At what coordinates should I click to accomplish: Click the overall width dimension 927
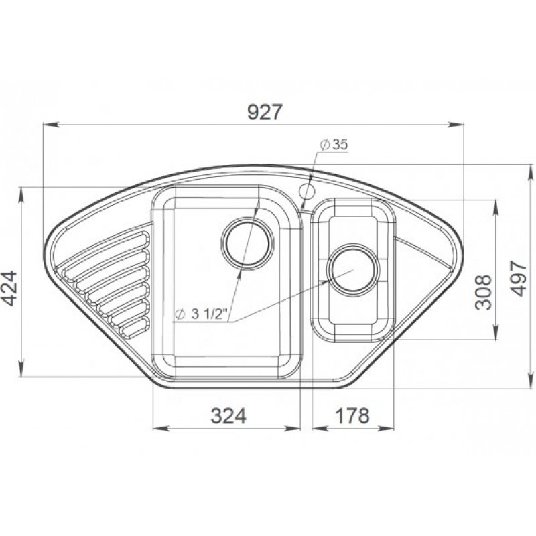point(265,112)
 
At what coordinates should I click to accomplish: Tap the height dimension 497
point(518,278)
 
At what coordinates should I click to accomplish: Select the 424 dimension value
point(9,288)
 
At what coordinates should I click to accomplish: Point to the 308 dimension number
point(483,292)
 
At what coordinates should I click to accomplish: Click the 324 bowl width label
point(228,416)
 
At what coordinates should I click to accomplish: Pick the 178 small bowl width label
point(352,416)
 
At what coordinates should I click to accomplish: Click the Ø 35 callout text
point(334,145)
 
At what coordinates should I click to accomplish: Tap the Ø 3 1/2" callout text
point(201,314)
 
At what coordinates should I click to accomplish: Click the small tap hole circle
point(307,192)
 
